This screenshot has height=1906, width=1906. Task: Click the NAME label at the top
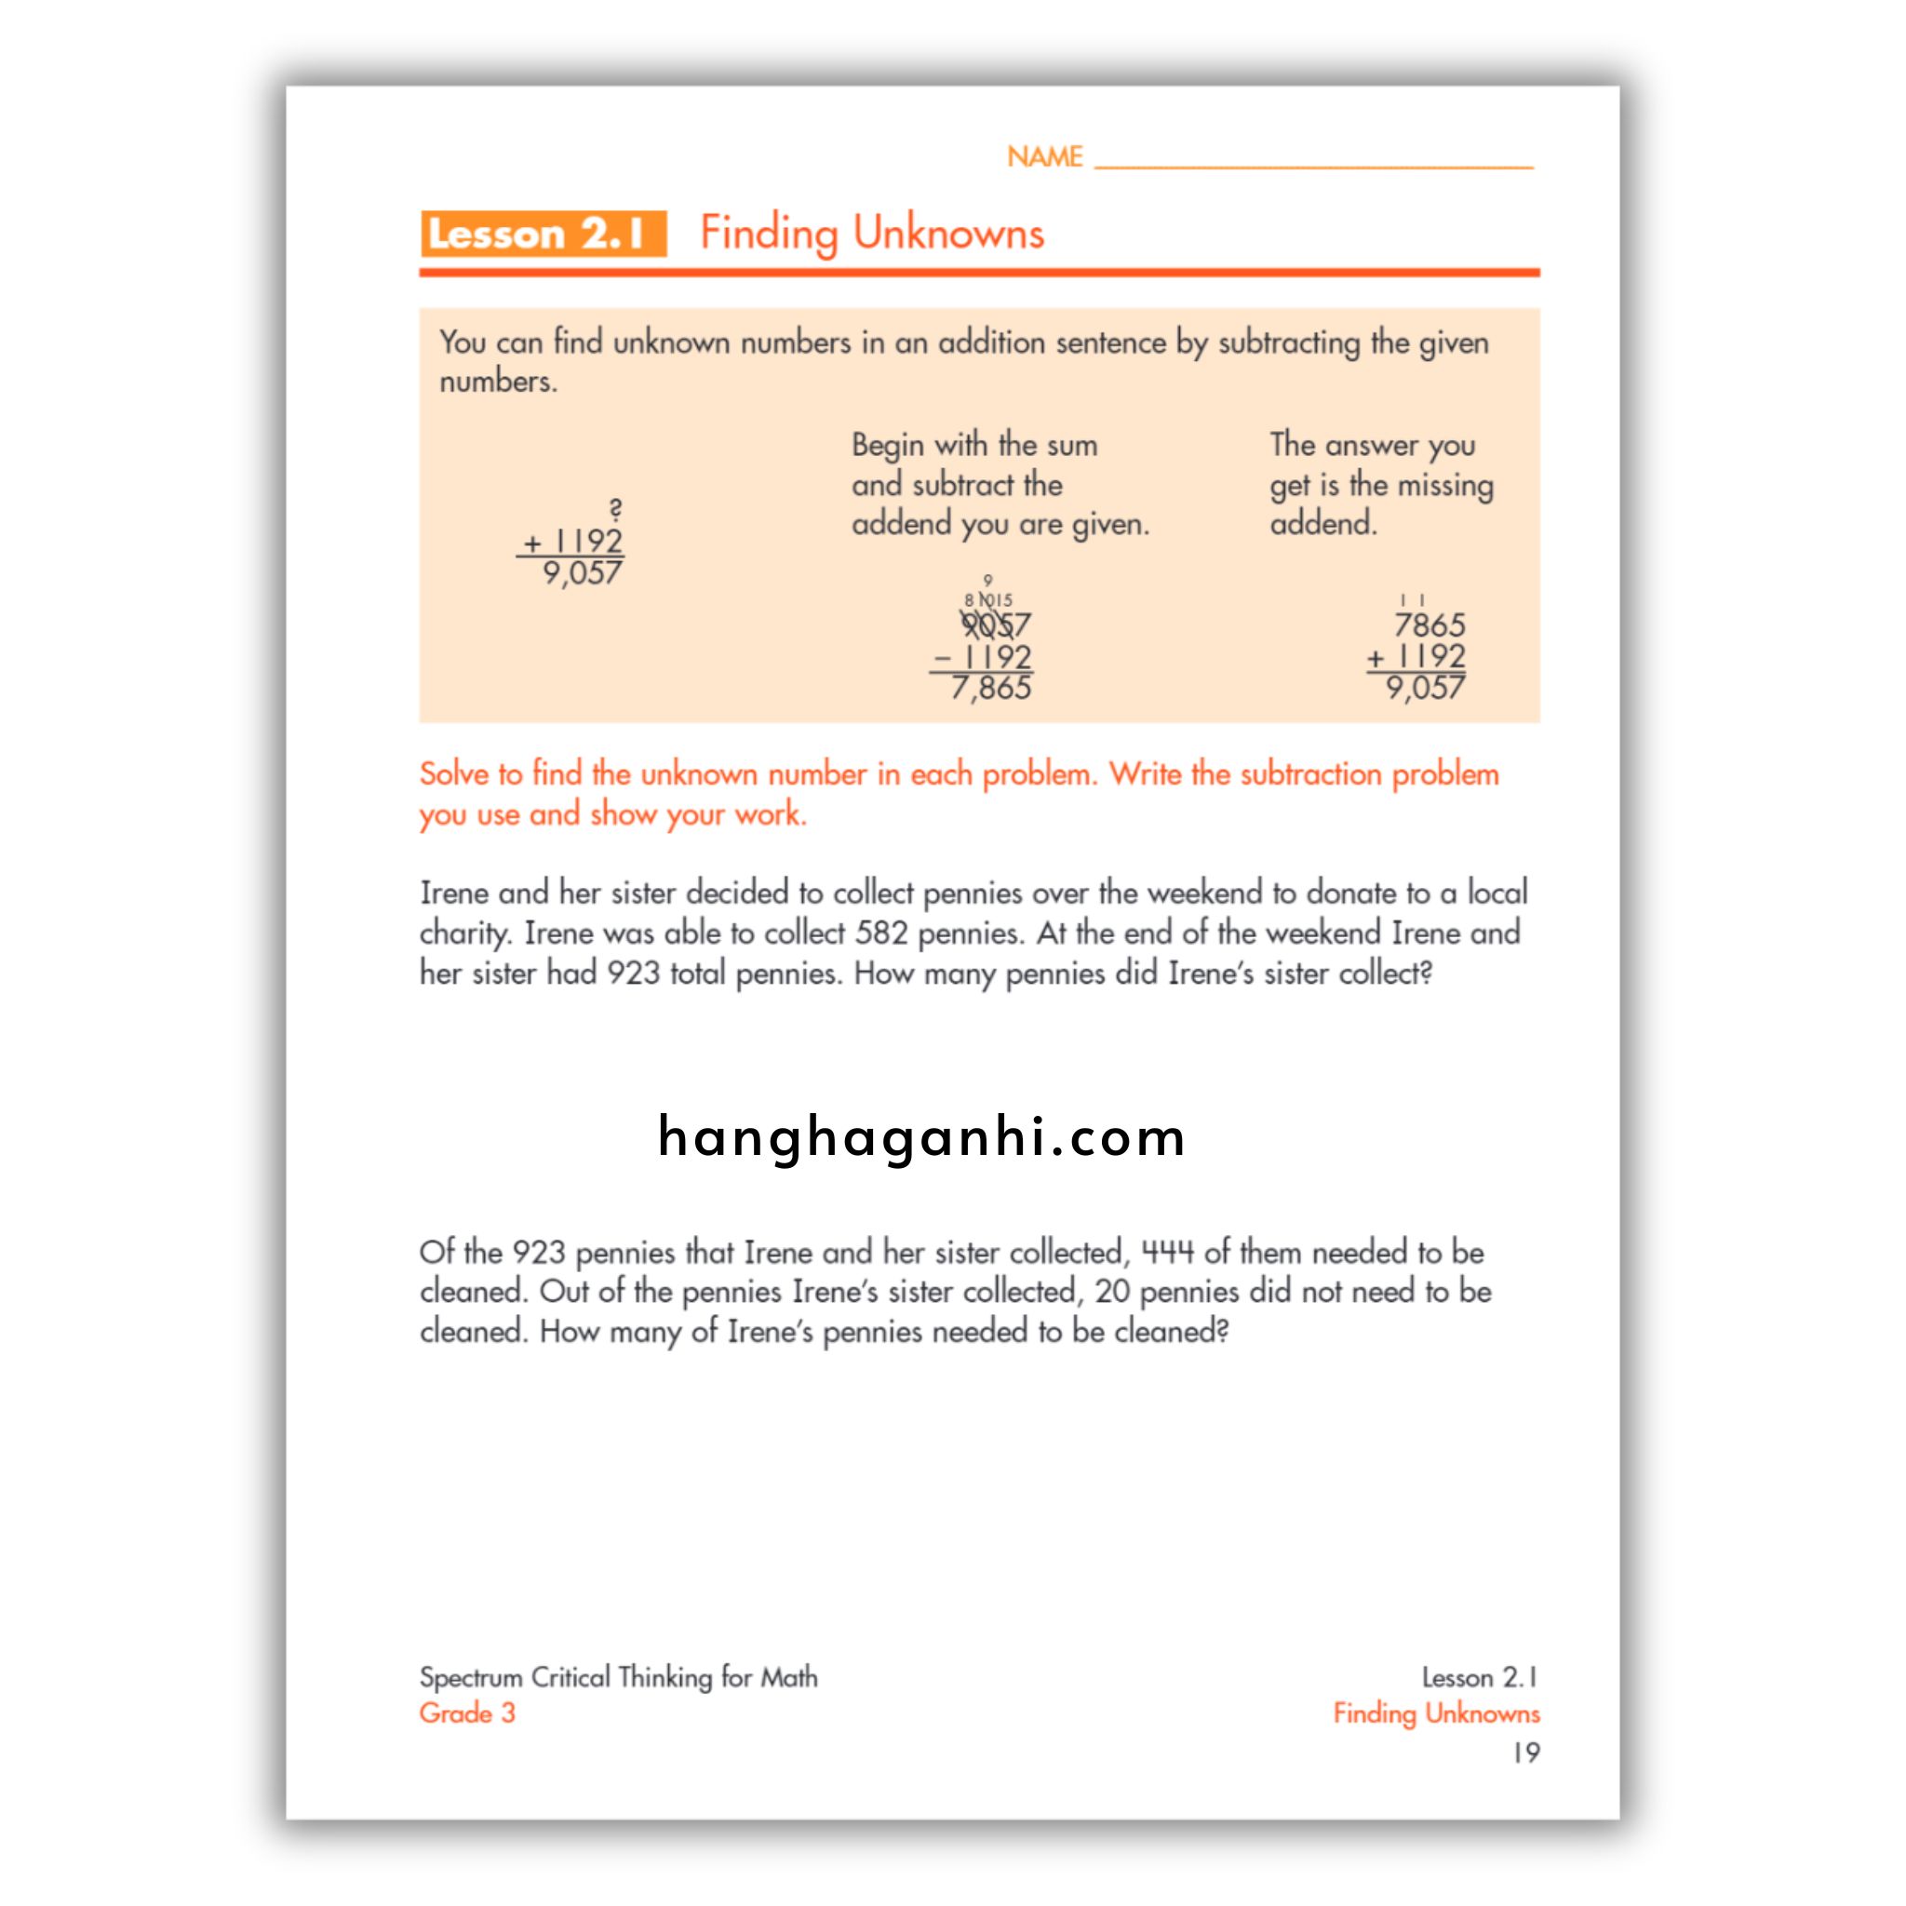1044,157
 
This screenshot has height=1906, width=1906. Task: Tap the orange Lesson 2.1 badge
543,234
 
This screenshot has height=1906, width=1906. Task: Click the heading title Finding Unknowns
872,234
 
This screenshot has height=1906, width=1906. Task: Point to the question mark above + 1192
614,509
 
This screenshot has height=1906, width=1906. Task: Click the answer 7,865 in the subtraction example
990,689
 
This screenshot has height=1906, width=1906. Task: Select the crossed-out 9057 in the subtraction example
995,625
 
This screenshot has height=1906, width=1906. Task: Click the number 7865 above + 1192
1429,625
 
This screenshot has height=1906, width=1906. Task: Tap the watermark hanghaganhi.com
921,1136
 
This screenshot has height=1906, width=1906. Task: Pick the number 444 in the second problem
1167,1253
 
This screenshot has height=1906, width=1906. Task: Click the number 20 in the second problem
1111,1293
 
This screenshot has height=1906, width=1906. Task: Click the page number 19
1525,1752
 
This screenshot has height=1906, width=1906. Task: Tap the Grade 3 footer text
466,1713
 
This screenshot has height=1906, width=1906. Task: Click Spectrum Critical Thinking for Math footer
618,1677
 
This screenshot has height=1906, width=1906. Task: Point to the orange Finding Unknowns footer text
1435,1713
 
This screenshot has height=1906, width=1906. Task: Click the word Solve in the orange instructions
454,774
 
